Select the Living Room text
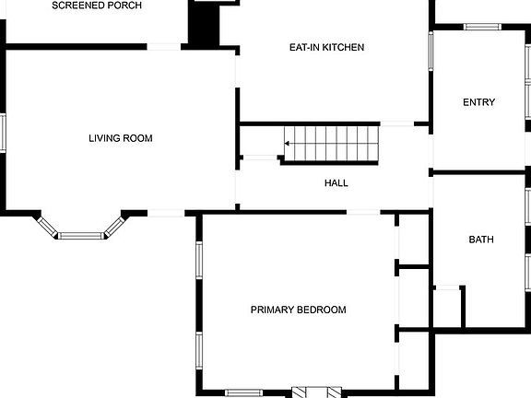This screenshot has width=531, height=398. pyautogui.click(x=120, y=139)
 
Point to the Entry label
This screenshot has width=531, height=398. pyautogui.click(x=478, y=102)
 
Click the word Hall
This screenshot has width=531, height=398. pyautogui.click(x=336, y=183)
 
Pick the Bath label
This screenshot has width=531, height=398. pyautogui.click(x=481, y=240)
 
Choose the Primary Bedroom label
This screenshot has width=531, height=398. pyautogui.click(x=298, y=310)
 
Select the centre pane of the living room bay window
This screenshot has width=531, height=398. pyautogui.click(x=81, y=236)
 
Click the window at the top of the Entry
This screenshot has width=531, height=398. pyautogui.click(x=481, y=27)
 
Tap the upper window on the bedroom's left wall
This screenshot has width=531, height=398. pyautogui.click(x=198, y=259)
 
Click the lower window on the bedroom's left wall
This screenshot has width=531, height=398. pyautogui.click(x=198, y=350)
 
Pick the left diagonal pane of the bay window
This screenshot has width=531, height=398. pyautogui.click(x=48, y=226)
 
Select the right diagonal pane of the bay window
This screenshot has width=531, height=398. pyautogui.click(x=114, y=226)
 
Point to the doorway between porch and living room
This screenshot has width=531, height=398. pyautogui.click(x=164, y=46)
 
